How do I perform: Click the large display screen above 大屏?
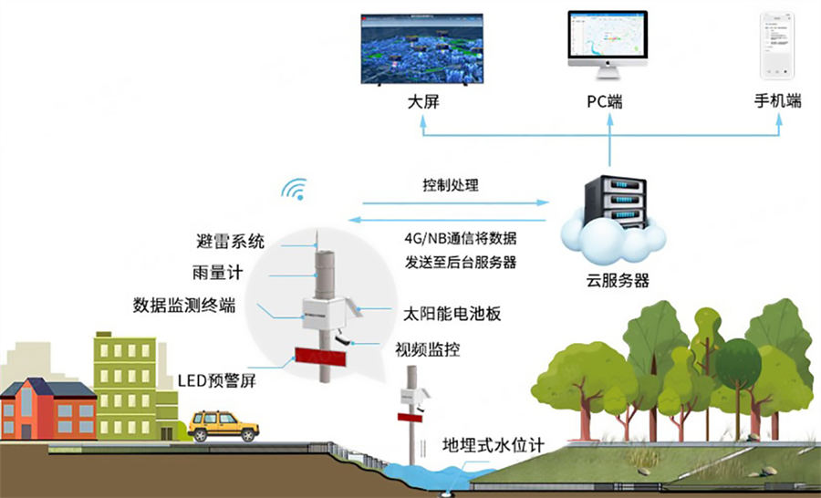421,47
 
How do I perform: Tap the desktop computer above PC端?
607,44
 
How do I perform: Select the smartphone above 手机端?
777,46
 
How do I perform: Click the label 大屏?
423,101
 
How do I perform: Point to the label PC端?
605,101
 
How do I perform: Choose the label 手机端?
777,101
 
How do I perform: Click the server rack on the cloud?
616,202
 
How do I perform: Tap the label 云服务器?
618,280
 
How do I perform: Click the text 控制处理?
451,185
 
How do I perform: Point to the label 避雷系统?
230,242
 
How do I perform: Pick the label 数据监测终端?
184,305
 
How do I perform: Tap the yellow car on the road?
223,424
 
